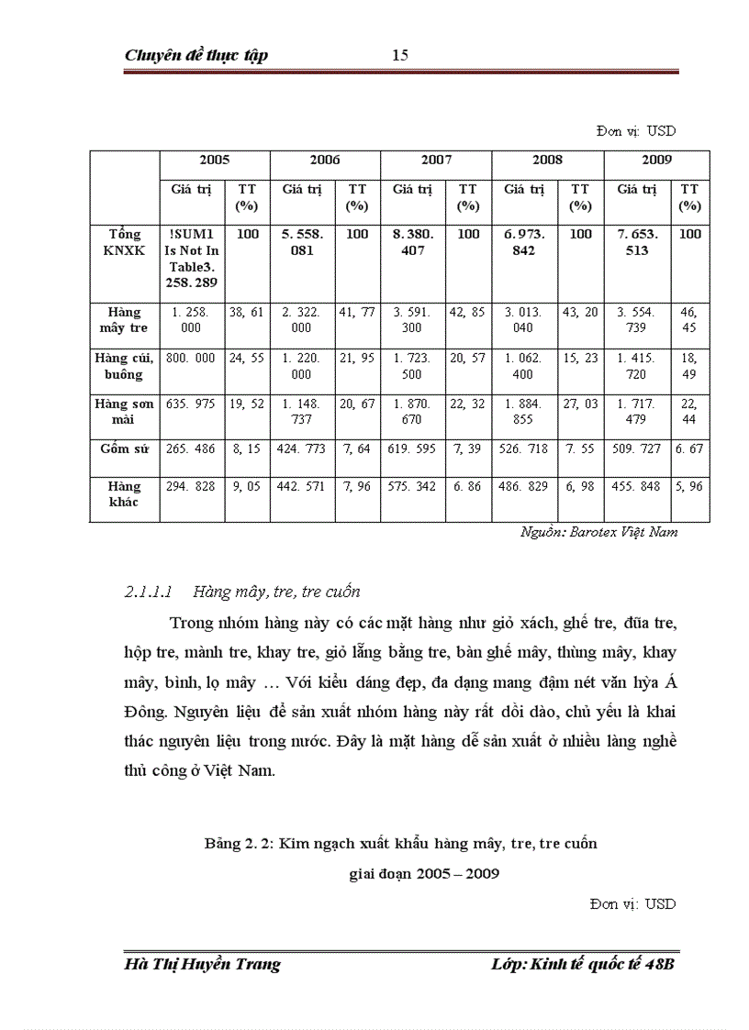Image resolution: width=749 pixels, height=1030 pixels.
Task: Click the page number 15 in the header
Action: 399,55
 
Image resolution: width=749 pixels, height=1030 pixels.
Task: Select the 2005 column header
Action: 214,160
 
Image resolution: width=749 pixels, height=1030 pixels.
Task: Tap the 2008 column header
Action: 547,160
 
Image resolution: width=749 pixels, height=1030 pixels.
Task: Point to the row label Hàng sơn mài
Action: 124,410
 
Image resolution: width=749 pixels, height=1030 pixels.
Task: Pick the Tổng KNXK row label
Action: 124,242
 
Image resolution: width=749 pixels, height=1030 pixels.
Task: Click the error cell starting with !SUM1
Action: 191,259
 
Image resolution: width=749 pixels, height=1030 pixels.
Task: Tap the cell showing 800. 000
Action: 191,358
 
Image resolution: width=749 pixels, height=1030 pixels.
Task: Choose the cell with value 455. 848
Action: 637,486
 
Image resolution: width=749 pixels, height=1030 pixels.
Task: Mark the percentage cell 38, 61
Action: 246,312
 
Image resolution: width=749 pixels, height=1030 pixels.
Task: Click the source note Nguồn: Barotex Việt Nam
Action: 598,532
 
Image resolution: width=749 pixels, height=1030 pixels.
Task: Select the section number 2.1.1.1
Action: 149,593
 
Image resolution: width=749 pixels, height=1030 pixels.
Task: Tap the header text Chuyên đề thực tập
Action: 196,56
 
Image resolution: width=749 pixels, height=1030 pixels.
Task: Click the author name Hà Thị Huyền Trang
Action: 202,964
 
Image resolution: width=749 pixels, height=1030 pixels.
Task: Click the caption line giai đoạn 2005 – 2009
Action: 424,873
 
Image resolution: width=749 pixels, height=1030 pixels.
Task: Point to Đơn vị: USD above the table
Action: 635,131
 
